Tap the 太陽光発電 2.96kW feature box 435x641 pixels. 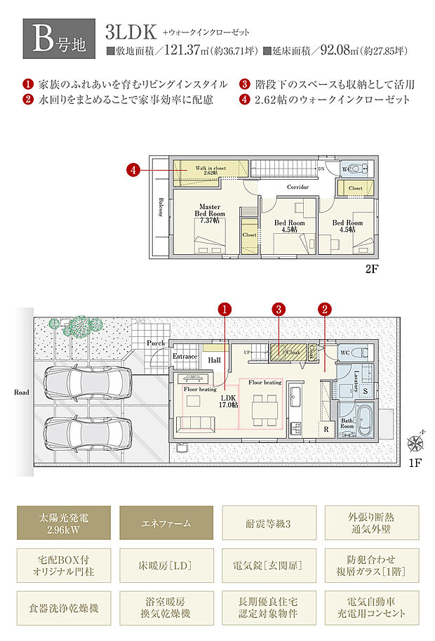[65, 523]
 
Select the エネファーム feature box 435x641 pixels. [166, 523]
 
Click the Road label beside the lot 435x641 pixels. [22, 392]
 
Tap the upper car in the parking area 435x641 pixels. [88, 383]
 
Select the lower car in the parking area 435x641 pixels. [88, 429]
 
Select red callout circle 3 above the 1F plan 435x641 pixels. [279, 309]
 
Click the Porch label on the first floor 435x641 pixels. [156, 343]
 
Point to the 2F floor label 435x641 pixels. [370, 269]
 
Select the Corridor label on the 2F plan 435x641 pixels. [297, 187]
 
